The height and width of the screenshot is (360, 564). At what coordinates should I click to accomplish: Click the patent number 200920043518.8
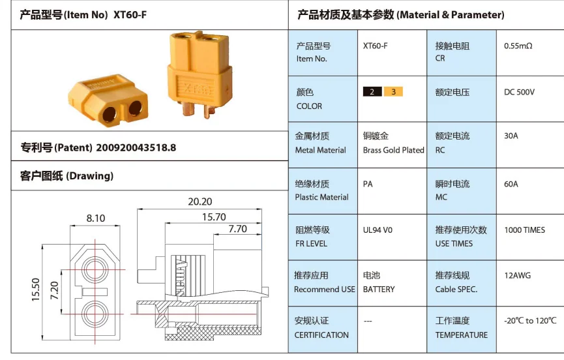136,147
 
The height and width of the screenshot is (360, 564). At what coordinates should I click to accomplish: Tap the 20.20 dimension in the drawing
200,202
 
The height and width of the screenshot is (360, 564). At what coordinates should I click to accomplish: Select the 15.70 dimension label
213,217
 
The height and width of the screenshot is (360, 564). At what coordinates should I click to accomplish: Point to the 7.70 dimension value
237,229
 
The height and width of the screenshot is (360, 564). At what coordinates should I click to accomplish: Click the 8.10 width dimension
96,218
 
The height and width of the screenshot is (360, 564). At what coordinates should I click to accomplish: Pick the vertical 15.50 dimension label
36,290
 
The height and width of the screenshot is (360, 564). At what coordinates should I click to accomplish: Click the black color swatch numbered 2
373,91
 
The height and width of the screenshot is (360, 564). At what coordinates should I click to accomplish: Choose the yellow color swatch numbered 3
393,91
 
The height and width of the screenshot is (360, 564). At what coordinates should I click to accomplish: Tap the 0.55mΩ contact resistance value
518,46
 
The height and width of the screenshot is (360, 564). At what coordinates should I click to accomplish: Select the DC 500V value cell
519,92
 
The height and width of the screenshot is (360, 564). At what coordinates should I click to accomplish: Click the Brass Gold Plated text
393,150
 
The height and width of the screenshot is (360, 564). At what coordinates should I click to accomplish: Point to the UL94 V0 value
378,230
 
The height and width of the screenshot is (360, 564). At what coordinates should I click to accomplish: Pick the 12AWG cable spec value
517,275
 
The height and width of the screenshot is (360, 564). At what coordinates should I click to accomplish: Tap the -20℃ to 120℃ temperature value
530,320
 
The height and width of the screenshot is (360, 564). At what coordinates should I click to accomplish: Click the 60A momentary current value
511,184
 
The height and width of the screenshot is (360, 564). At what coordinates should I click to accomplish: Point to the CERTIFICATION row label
321,335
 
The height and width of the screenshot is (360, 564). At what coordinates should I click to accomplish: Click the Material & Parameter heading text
450,14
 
